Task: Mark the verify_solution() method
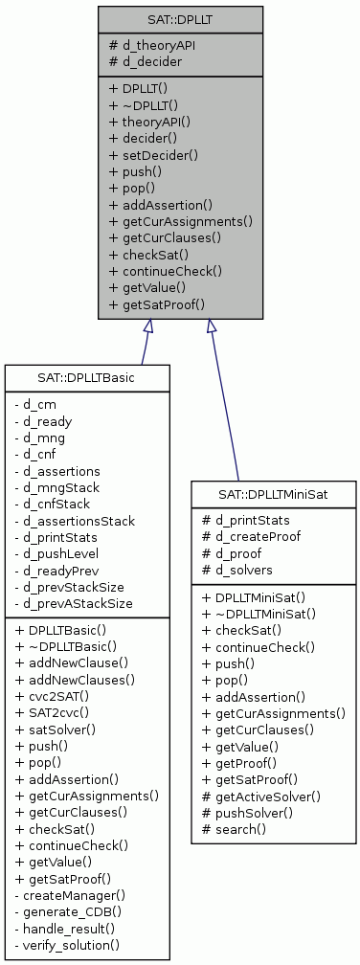click(x=68, y=945)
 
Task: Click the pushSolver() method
click(x=254, y=812)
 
